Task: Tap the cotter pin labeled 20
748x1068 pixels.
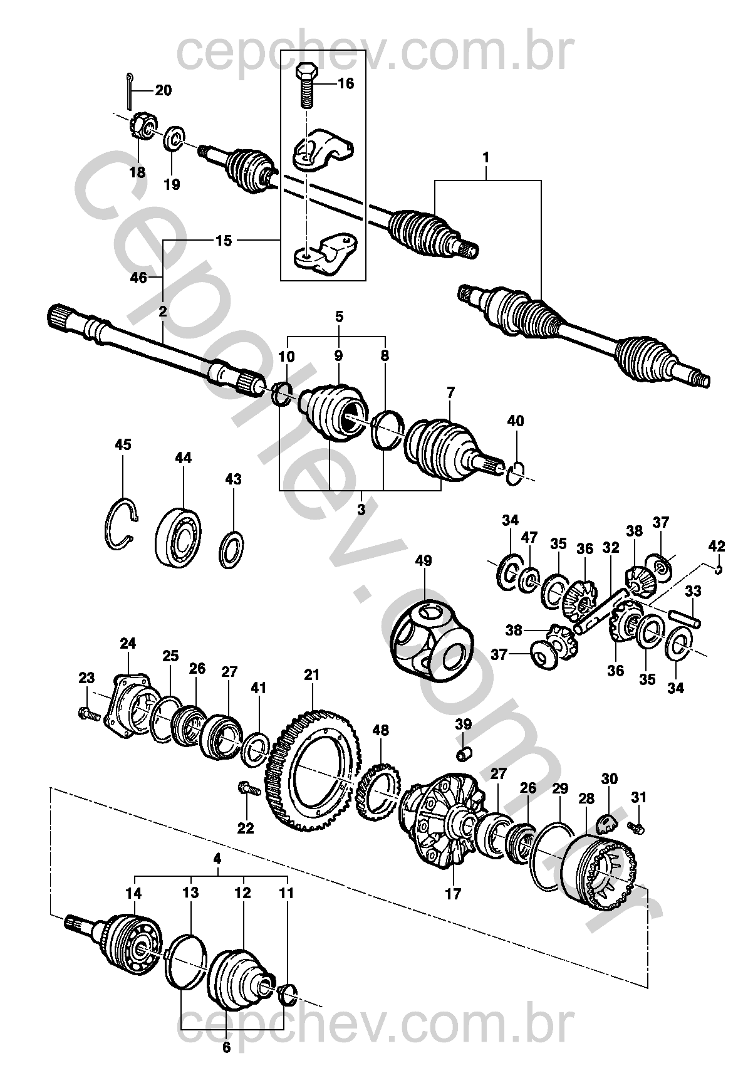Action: coord(127,92)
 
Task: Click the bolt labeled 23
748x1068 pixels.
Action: coord(88,714)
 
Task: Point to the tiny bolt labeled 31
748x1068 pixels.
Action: coord(636,828)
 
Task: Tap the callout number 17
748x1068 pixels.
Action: coord(452,894)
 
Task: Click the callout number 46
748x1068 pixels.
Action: coord(138,278)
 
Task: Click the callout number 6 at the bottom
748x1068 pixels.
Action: coord(227,1047)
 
